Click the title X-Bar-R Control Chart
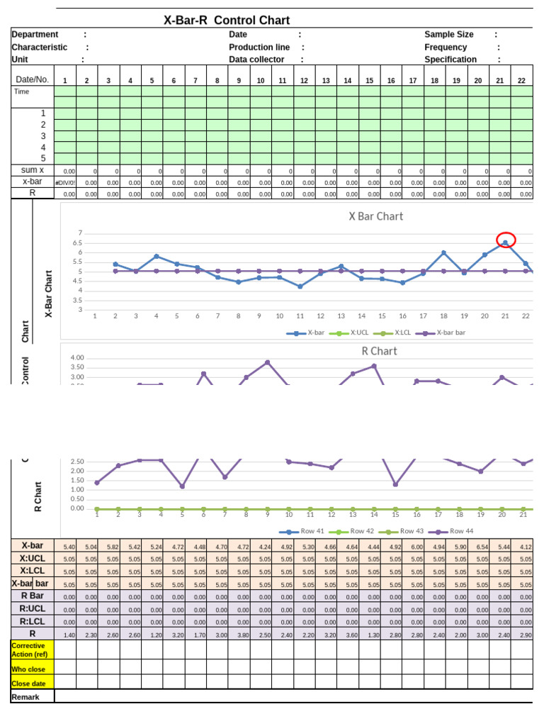coord(227,21)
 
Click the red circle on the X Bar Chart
coord(506,240)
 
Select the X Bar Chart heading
coord(376,216)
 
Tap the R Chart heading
coord(379,351)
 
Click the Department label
coord(35,34)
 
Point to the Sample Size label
coord(449,34)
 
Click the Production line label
coord(259,47)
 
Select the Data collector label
coord(256,60)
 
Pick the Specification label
coord(450,60)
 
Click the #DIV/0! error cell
coord(65,182)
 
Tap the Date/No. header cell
coord(33,79)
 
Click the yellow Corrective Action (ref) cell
coord(32,649)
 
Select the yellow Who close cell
coord(32,668)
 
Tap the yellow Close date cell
coord(32,683)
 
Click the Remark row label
coord(27,697)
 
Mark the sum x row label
coord(33,169)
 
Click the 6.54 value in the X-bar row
coord(481,547)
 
